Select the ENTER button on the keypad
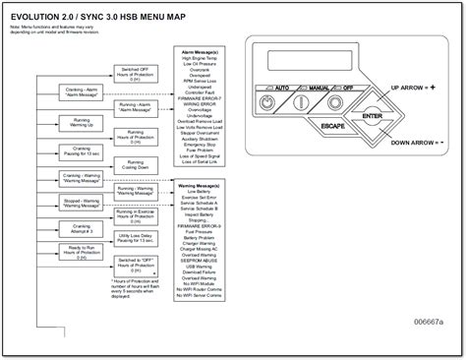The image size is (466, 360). (369, 118)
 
